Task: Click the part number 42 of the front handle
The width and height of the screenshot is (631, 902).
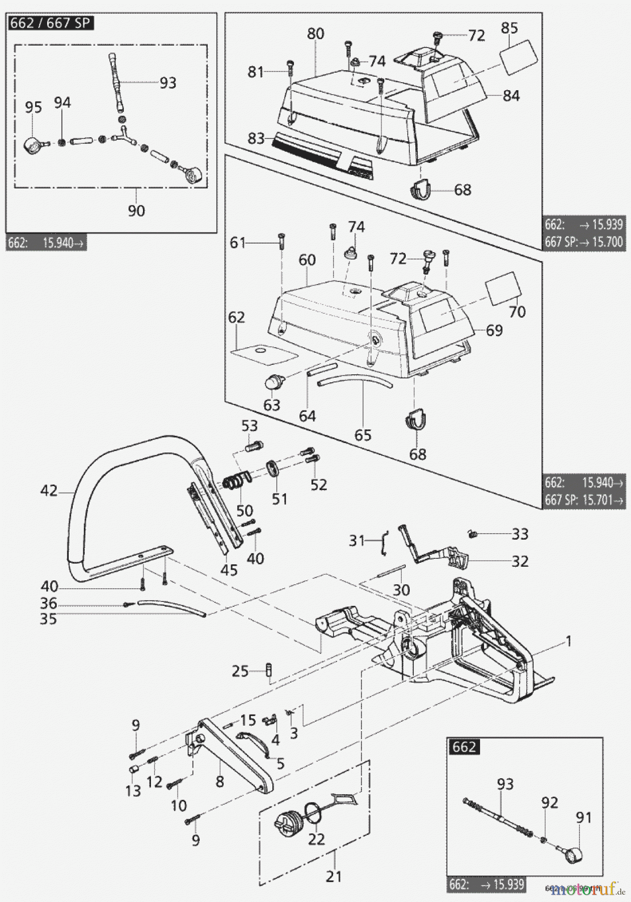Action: click(x=49, y=491)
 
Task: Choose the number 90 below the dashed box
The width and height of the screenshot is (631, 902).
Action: click(x=136, y=210)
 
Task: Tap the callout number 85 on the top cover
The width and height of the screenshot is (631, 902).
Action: click(x=509, y=28)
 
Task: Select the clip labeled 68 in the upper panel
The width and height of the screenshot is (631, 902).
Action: click(x=422, y=189)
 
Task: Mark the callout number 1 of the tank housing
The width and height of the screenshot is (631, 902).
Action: click(x=568, y=641)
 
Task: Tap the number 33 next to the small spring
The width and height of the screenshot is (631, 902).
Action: click(x=520, y=534)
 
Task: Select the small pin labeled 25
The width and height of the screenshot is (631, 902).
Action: click(x=270, y=669)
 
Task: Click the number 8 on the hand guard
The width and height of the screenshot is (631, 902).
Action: click(x=220, y=781)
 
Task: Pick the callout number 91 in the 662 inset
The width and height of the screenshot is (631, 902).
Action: click(x=583, y=818)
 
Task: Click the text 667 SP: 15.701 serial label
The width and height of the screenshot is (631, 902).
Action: click(x=584, y=500)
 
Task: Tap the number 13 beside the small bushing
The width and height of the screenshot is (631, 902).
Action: click(x=133, y=791)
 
